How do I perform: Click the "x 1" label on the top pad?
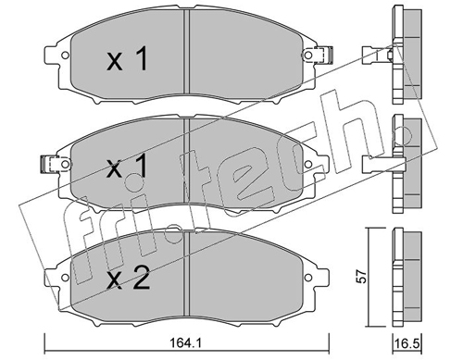click(x=127, y=59)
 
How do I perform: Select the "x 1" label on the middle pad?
click(x=127, y=167)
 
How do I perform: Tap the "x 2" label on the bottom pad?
click(x=128, y=278)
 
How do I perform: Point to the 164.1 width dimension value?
click(x=186, y=342)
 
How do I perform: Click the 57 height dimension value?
click(x=361, y=277)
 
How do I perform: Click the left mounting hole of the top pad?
click(x=65, y=56)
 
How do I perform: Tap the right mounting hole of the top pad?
click(x=308, y=56)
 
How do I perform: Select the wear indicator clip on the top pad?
click(x=322, y=56)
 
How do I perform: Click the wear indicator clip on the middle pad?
click(x=51, y=164)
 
